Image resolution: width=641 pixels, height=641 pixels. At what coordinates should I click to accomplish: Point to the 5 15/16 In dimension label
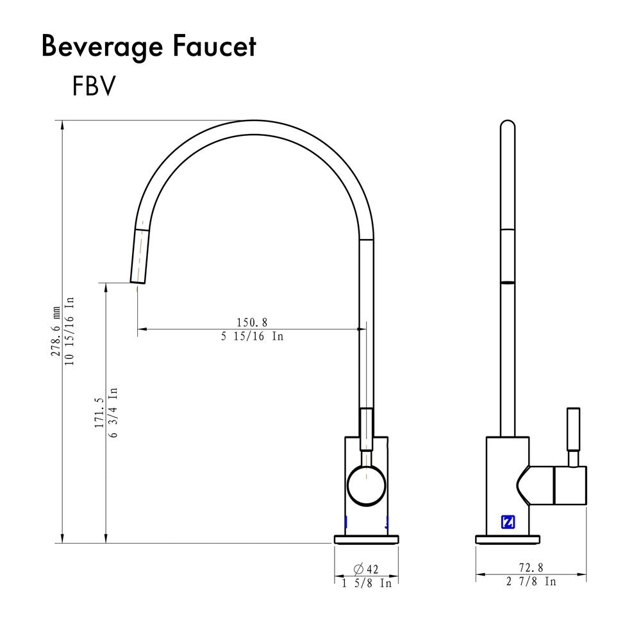coord(252,336)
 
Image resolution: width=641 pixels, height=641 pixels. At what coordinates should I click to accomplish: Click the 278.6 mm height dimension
coord(56,331)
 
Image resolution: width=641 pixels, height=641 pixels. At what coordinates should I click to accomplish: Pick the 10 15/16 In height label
coord(69,331)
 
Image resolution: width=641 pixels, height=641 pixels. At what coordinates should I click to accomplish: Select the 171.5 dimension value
coord(99,412)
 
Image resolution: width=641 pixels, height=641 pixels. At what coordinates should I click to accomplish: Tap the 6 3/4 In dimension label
coord(113,412)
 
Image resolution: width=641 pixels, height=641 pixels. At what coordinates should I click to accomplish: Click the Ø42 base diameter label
coord(366,569)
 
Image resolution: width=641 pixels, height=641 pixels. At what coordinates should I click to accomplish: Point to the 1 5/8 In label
coord(366,583)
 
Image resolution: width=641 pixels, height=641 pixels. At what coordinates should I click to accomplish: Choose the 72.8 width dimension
coord(531,567)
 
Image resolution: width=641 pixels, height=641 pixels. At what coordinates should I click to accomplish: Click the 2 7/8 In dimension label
coord(531,581)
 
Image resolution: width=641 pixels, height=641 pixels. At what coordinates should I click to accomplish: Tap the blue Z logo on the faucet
coord(507,522)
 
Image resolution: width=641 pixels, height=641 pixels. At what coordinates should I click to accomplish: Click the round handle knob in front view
coord(366,485)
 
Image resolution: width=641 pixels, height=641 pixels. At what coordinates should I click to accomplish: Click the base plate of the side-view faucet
coord(507,539)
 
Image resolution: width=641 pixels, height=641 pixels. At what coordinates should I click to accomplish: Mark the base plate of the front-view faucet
coord(366,539)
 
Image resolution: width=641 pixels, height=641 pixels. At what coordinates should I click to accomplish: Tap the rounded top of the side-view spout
coord(507,126)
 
